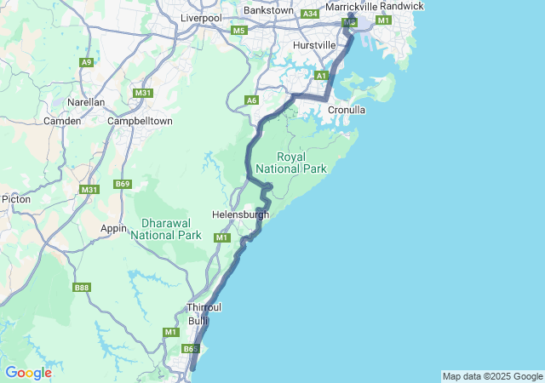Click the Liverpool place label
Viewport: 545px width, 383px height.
[201, 18]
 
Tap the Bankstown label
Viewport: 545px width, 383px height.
[268, 10]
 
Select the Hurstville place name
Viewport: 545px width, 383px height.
[314, 44]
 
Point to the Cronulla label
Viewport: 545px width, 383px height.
[347, 110]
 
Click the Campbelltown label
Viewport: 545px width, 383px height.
[140, 121]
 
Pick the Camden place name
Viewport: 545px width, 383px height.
[62, 121]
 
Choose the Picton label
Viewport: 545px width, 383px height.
[16, 199]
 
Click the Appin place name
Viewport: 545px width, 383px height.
[114, 228]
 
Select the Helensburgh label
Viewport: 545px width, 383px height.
[240, 214]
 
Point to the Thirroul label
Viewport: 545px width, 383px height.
[204, 308]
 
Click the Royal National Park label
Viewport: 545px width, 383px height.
[302, 163]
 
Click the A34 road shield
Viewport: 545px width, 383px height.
[310, 14]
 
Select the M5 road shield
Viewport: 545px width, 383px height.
[238, 31]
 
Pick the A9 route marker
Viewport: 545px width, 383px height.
[86, 62]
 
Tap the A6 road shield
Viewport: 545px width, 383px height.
[251, 100]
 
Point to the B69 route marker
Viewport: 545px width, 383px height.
[123, 184]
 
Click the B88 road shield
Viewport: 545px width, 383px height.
[82, 288]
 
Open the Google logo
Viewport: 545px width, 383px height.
[28, 373]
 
